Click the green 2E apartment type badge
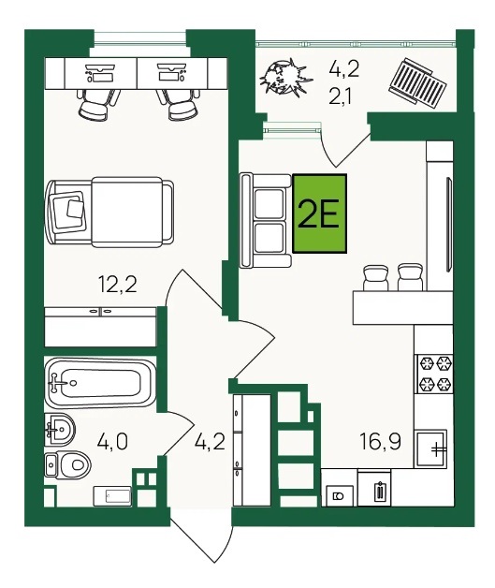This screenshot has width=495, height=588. point(319,213)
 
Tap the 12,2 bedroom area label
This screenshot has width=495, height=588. point(117,284)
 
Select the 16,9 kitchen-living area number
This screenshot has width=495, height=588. point(380,441)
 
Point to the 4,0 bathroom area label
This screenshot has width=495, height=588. point(112,441)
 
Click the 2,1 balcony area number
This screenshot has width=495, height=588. point(341,98)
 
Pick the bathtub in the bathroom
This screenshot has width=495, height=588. point(99,383)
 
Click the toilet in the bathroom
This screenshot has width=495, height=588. point(67,465)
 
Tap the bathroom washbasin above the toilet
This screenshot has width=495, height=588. point(60,430)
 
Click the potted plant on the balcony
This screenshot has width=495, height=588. point(285,78)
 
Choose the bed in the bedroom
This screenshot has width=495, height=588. point(109,213)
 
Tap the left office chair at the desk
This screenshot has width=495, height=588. point(98,104)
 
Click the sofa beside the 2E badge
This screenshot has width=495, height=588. point(266,220)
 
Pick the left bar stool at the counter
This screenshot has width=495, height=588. point(376,277)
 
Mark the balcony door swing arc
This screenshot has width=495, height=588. point(328,154)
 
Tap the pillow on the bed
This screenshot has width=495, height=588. point(68,211)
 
